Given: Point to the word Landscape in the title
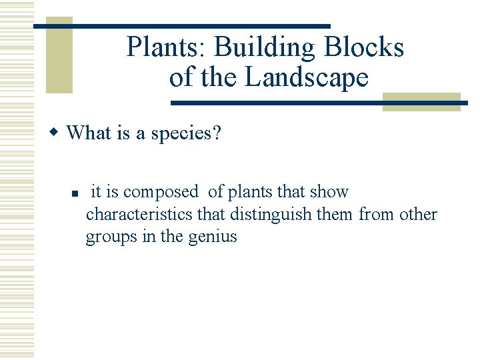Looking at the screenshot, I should [307, 77].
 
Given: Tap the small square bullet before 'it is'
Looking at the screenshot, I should [75, 193].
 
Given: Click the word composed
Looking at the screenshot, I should [161, 192].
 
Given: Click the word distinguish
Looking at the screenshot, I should [275, 214].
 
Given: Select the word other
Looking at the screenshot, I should [418, 214].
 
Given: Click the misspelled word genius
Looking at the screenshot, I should [213, 237].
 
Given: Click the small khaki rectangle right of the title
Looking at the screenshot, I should [421, 101].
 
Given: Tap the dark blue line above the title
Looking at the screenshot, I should [181, 26].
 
